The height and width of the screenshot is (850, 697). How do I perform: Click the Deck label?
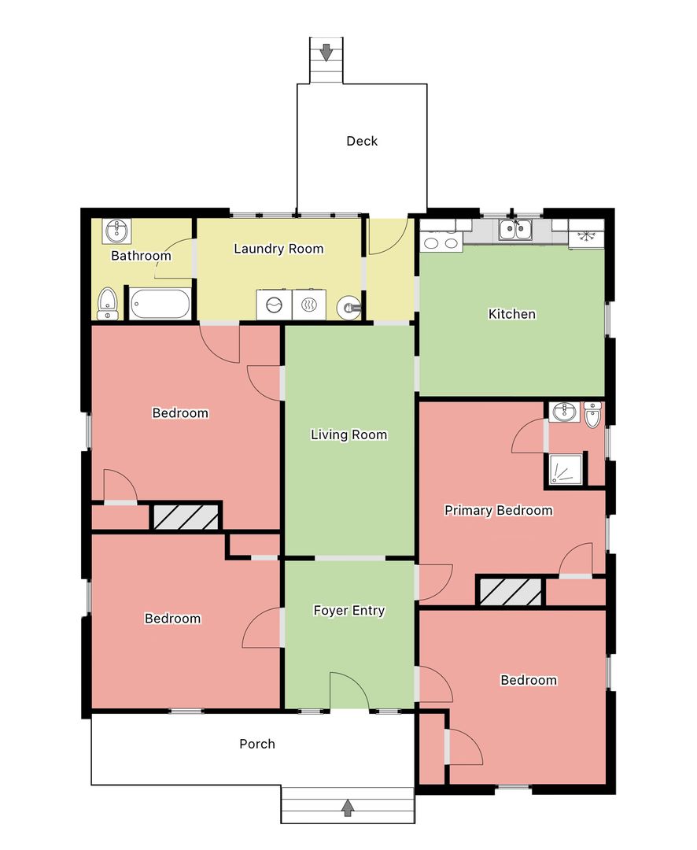(362, 141)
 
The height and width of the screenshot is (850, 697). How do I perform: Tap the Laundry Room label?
(278, 249)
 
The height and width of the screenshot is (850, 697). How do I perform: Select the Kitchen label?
(512, 314)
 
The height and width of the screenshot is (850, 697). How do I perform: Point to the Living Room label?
(349, 434)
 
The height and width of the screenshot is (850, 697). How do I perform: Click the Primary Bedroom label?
(499, 510)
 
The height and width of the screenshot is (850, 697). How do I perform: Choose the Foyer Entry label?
(349, 611)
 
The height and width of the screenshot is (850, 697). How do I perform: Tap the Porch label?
(257, 744)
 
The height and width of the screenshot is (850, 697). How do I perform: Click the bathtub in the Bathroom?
(160, 304)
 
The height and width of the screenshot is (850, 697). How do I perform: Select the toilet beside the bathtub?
(107, 304)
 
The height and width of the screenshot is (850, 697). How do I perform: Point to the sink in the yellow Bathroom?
(116, 231)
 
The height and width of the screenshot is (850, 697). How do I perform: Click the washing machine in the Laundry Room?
(275, 305)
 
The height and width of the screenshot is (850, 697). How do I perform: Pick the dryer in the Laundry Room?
(309, 305)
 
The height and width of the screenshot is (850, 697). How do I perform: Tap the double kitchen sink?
(515, 229)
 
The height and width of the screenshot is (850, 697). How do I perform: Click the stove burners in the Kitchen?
(441, 243)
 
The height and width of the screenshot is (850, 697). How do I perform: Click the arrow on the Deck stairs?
(326, 53)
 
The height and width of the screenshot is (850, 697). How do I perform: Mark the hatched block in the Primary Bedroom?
(511, 591)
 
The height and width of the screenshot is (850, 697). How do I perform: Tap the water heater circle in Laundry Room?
(349, 309)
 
